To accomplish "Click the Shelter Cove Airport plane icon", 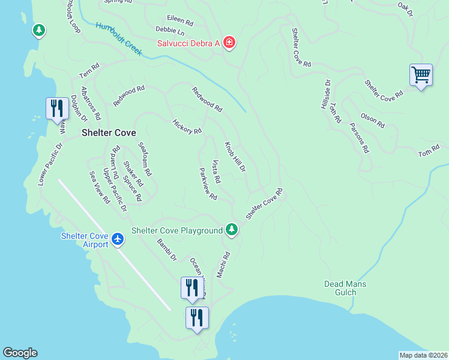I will tap(118, 239).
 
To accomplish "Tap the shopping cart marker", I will tap(421, 76).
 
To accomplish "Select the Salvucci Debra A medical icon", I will tap(229, 43).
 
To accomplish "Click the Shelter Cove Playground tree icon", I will tap(232, 230).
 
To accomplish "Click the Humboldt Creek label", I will tap(118, 39).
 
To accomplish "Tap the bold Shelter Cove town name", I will tap(109, 133).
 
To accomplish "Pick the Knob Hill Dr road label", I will tap(235, 157).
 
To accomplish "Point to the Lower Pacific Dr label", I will tap(50, 164).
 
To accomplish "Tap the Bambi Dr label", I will tap(167, 250).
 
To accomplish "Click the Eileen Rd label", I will tap(181, 22).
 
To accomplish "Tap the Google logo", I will tap(20, 353).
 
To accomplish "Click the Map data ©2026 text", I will tap(423, 355).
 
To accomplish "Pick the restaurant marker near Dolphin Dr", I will tap(57, 109).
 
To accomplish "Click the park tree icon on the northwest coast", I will tap(38, 29).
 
